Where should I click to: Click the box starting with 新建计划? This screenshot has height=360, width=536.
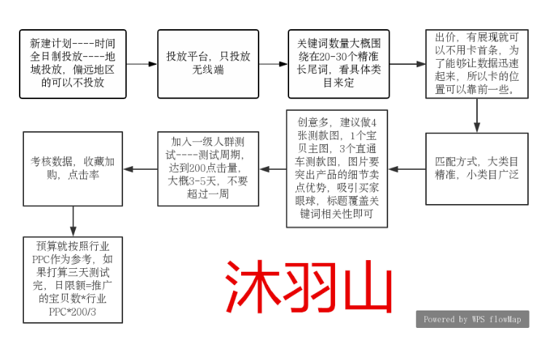click(x=73, y=64)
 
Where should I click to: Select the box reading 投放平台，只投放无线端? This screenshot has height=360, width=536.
click(x=208, y=64)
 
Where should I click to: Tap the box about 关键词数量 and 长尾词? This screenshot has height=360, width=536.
click(x=339, y=64)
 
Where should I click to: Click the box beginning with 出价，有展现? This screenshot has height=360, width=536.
click(x=477, y=64)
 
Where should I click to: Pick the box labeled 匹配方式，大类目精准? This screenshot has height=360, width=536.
click(x=477, y=169)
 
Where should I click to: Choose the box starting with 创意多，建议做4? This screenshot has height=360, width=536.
click(x=337, y=169)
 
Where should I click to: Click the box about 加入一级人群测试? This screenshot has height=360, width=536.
click(x=208, y=169)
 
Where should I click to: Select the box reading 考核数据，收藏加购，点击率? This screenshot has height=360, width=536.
click(x=73, y=169)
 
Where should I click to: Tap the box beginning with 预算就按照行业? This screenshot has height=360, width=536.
click(x=73, y=280)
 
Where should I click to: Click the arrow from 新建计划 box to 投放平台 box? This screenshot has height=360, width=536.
click(x=142, y=64)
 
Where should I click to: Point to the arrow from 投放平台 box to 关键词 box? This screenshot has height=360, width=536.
click(x=274, y=64)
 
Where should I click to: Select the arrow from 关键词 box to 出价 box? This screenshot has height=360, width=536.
click(x=408, y=64)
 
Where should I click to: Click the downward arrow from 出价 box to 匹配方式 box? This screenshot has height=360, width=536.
click(x=477, y=116)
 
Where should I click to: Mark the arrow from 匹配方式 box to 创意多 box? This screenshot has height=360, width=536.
click(x=407, y=169)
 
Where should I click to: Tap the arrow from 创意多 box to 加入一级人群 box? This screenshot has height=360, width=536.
click(x=273, y=169)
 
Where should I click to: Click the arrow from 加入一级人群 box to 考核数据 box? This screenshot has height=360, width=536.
click(x=140, y=169)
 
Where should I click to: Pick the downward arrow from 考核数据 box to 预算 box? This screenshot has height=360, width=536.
click(x=73, y=222)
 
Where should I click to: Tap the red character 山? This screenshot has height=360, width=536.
click(x=368, y=286)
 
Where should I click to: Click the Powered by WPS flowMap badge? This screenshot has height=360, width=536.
click(x=473, y=319)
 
